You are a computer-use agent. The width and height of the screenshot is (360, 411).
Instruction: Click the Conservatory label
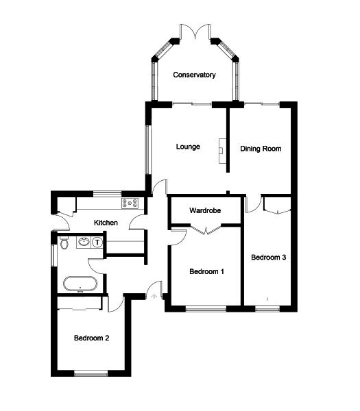click(195, 75)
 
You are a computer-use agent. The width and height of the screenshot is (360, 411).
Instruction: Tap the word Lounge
click(187, 147)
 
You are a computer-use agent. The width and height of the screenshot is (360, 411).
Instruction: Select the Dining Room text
click(261, 148)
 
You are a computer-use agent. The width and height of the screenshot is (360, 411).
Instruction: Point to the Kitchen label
click(106, 223)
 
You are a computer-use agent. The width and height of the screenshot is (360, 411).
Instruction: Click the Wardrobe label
click(205, 210)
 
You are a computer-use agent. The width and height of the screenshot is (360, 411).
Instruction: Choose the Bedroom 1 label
click(206, 272)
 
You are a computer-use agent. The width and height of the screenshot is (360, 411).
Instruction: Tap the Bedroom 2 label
click(91, 338)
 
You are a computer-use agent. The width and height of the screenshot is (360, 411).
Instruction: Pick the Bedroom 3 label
click(268, 258)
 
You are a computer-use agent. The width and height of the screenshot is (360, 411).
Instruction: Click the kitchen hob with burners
click(130, 203)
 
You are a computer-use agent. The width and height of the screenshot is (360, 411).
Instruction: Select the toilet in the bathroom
click(64, 242)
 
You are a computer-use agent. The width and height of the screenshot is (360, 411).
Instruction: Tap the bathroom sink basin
click(84, 242)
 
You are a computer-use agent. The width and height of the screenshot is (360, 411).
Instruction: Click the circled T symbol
click(97, 242)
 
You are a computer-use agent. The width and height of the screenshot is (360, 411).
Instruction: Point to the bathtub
click(80, 282)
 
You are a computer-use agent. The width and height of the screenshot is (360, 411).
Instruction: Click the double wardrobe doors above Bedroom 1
click(205, 232)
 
